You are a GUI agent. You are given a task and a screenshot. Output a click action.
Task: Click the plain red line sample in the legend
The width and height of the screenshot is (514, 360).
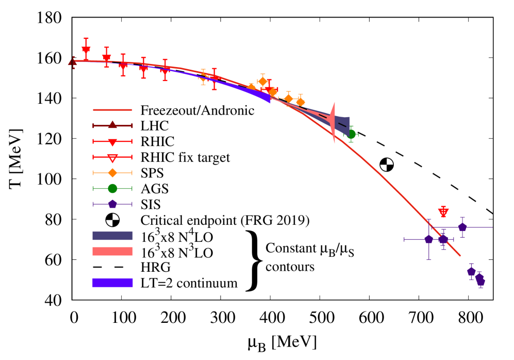112,110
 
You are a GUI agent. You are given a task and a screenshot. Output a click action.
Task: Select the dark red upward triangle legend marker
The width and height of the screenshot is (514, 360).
112,125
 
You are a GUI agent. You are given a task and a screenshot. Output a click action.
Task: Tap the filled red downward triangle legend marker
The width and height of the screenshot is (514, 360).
112,142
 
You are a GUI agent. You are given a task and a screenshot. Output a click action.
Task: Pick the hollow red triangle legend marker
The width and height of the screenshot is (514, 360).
112,158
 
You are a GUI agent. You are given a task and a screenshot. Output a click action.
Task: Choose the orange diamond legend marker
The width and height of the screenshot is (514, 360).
112,173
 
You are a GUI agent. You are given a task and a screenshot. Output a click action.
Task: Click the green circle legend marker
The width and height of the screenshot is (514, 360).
112,188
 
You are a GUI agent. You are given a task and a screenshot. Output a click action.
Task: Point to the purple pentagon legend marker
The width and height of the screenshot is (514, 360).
112,204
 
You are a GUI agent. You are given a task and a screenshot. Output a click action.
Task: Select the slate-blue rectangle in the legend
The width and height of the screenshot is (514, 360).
112,236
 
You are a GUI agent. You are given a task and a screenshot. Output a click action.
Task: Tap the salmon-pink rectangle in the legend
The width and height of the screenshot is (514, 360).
112,252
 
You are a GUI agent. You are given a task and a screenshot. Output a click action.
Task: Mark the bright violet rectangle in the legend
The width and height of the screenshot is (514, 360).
112,283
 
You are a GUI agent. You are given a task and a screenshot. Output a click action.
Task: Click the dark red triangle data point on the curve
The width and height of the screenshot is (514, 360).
73,62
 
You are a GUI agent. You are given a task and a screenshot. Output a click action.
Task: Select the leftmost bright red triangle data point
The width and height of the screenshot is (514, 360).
86,50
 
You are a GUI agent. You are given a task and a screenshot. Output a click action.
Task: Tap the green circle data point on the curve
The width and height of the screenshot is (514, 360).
351,134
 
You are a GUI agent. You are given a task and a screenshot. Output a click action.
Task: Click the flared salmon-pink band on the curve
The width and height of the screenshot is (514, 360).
332,122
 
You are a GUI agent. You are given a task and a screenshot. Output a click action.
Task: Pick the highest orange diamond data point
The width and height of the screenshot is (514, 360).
263,81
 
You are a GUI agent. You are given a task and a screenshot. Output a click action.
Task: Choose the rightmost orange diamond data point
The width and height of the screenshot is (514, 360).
300,102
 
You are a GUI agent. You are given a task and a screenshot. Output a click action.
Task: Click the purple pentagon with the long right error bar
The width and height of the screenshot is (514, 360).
462,227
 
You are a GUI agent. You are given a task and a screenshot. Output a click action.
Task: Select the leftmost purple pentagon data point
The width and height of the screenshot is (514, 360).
428,239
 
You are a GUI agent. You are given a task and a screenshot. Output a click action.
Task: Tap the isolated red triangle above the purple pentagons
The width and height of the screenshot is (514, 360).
443,212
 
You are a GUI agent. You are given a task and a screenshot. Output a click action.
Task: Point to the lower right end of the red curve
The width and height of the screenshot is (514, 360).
459,255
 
